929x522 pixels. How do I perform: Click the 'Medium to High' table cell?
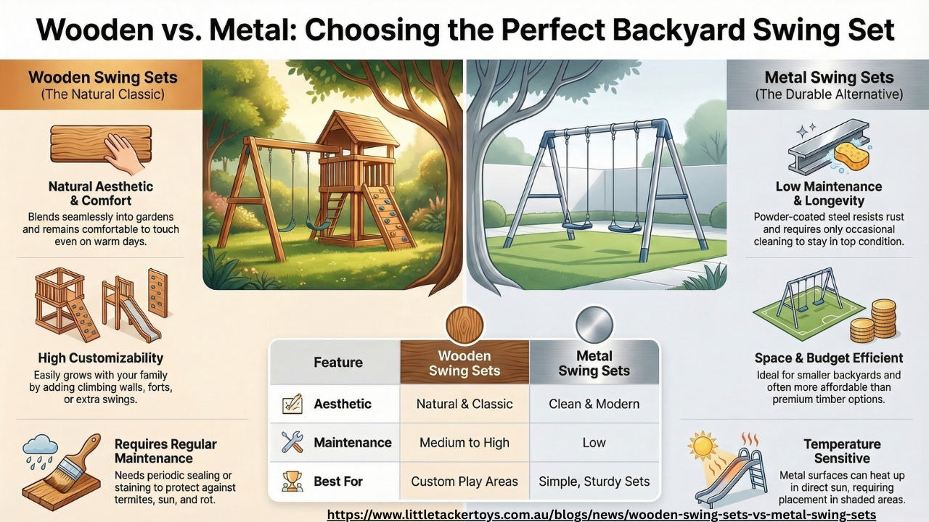464,442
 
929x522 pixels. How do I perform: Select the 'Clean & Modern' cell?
594,404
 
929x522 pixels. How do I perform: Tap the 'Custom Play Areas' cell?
464,481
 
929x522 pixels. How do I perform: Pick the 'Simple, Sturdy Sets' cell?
594,481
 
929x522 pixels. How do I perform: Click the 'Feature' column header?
337,362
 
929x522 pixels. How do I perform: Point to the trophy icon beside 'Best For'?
292,481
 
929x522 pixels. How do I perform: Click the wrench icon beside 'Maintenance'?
292,442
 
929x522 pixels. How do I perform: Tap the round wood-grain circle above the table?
464,325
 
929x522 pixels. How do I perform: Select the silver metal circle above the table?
594,325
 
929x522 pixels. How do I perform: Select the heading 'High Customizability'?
101,357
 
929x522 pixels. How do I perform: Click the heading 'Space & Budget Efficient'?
828,357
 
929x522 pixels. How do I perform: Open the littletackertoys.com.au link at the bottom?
602,514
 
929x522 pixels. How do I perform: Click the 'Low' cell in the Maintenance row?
594,442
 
